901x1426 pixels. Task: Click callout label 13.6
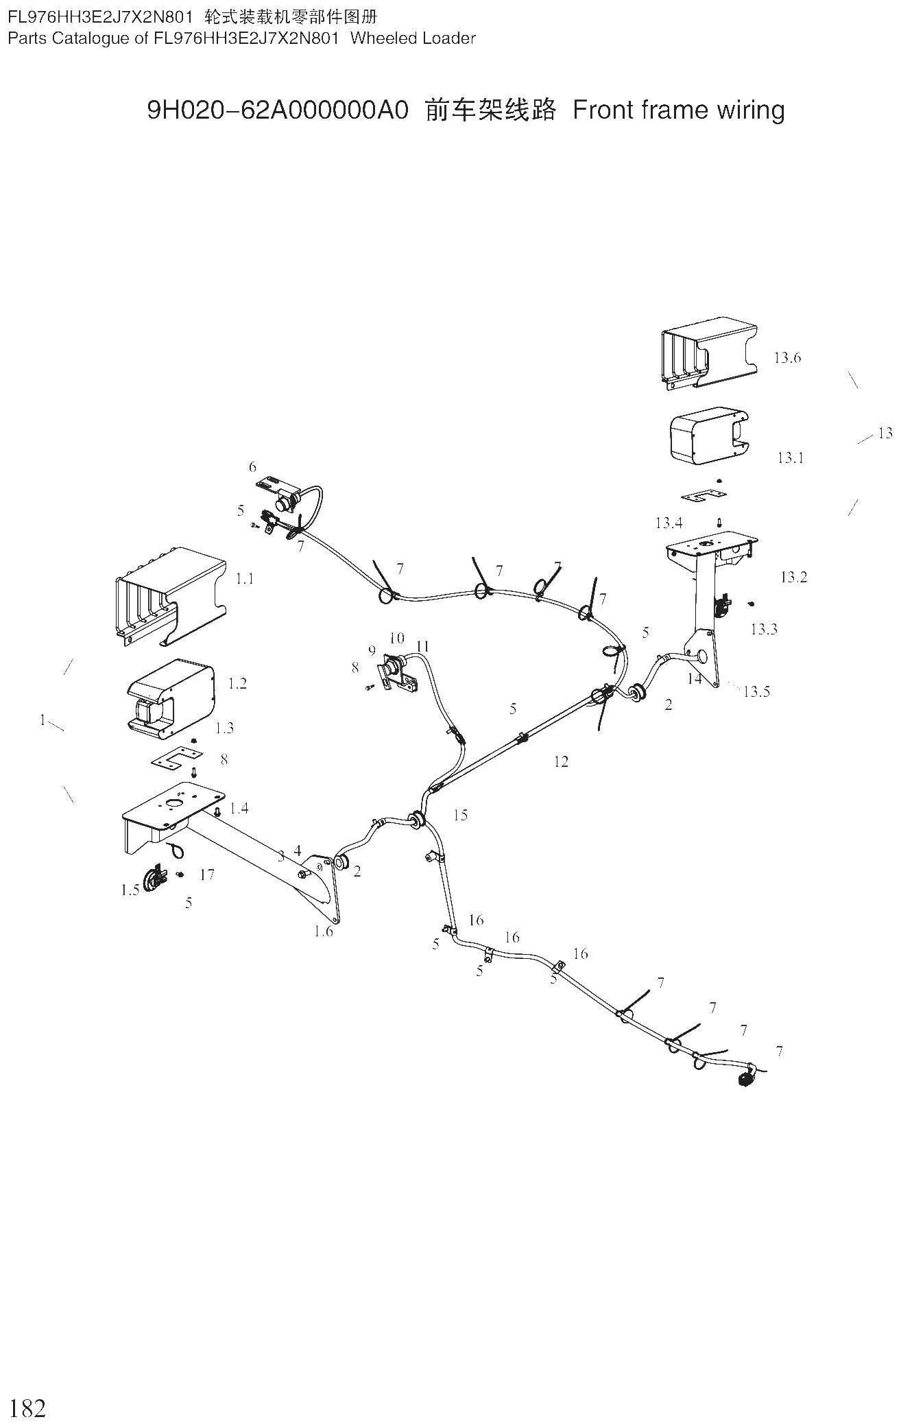click(787, 357)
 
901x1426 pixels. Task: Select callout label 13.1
click(791, 457)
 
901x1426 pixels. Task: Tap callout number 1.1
click(245, 579)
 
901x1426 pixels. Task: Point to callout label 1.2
click(237, 683)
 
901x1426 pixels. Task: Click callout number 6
click(252, 467)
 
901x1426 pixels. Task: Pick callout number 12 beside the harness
click(561, 761)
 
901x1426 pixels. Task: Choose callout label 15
click(460, 815)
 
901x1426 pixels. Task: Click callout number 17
click(207, 875)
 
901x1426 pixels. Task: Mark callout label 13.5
click(757, 691)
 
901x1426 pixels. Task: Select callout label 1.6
click(324, 931)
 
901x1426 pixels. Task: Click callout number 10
click(397, 639)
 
